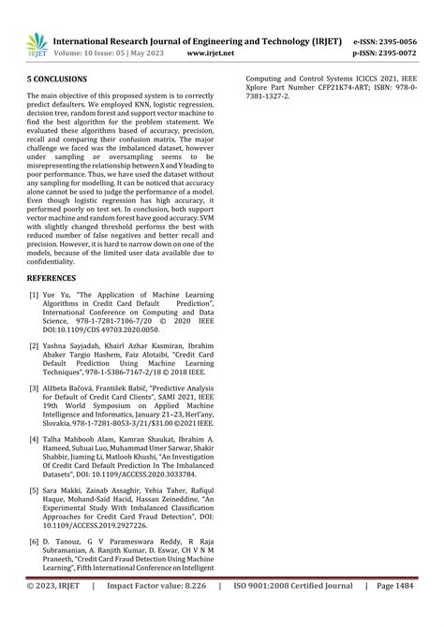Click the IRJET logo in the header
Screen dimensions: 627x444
click(37, 44)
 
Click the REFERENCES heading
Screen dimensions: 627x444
click(54, 278)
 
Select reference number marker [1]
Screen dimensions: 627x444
click(34, 296)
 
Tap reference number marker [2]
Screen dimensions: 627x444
click(34, 346)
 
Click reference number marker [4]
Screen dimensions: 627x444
click(34, 439)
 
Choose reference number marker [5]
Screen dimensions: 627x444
click(34, 489)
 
